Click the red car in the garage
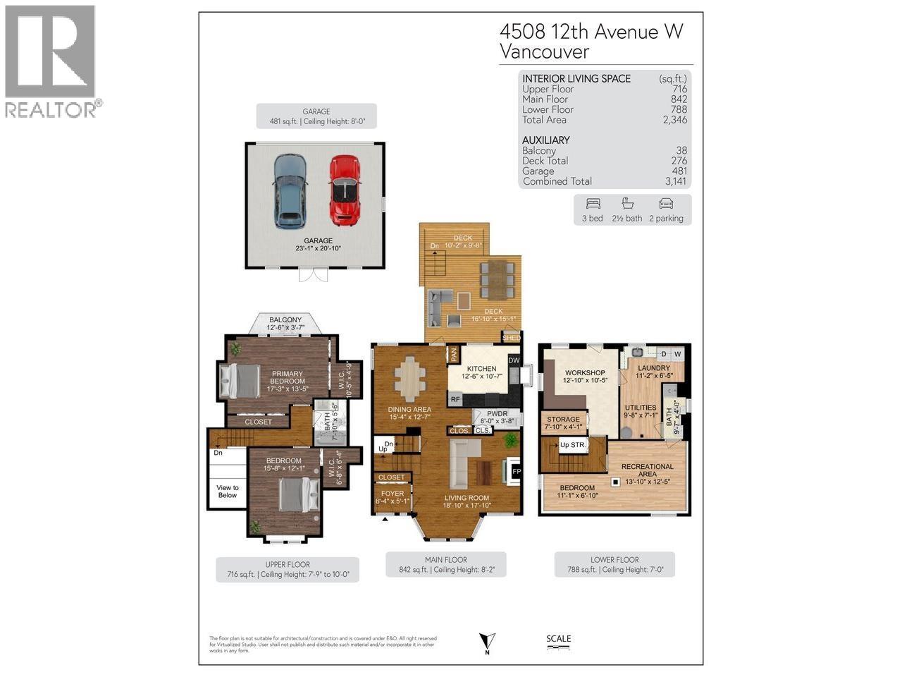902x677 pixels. (x=344, y=190)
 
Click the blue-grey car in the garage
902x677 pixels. (x=289, y=190)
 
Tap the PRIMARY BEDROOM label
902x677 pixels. (x=287, y=377)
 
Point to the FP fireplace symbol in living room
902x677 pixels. (x=516, y=471)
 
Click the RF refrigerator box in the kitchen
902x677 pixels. (x=456, y=400)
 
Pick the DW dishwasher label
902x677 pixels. (x=514, y=361)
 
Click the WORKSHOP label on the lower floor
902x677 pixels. (x=585, y=372)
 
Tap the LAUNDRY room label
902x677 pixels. (x=653, y=368)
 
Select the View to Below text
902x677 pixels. (x=227, y=492)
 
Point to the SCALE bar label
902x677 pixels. (x=558, y=639)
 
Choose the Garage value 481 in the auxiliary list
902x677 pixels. (x=677, y=171)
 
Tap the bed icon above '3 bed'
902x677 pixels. (x=592, y=204)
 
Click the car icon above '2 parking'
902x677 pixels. (x=666, y=204)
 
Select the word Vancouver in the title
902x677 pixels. (x=544, y=51)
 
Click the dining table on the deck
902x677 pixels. (x=497, y=279)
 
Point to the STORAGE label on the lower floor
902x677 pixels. (x=563, y=420)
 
